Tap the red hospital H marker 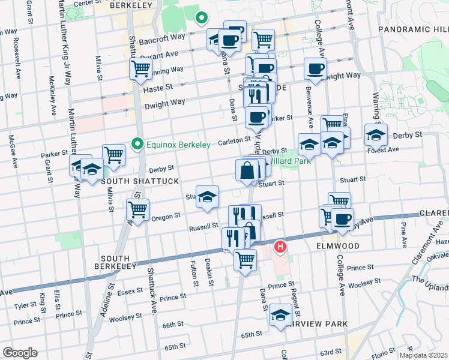click(x=280, y=246)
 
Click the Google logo click(x=19, y=353)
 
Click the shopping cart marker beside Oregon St click(x=138, y=211)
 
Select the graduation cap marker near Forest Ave click(x=376, y=135)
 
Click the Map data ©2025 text click(x=424, y=355)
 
